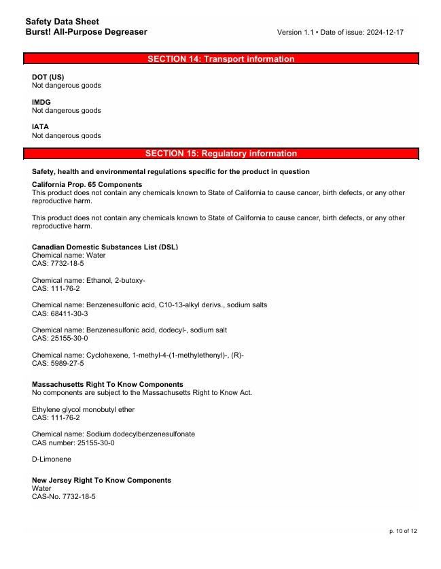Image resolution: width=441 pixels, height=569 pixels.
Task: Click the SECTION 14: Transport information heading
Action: point(221,59)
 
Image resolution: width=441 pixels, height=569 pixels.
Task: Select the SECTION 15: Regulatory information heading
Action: point(221,154)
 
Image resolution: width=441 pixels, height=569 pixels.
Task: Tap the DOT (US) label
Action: point(48,77)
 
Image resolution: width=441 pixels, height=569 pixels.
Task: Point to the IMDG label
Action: point(41,102)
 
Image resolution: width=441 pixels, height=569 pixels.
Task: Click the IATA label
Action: point(40,126)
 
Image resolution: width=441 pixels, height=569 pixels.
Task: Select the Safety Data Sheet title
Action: point(62,22)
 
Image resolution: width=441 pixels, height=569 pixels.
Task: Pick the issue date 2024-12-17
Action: point(384,33)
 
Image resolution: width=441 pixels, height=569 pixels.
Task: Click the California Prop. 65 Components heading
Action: point(87,185)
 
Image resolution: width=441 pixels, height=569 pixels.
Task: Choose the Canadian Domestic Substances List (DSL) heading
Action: point(105,247)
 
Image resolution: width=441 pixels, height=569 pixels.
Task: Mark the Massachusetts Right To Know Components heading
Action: point(107,384)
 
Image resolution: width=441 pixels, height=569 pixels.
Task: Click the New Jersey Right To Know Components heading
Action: point(101,480)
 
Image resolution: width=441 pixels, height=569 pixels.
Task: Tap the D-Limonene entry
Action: point(52,460)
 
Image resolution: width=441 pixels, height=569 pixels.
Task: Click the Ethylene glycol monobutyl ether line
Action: point(83,410)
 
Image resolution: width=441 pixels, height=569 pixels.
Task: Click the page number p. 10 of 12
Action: point(403,531)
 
